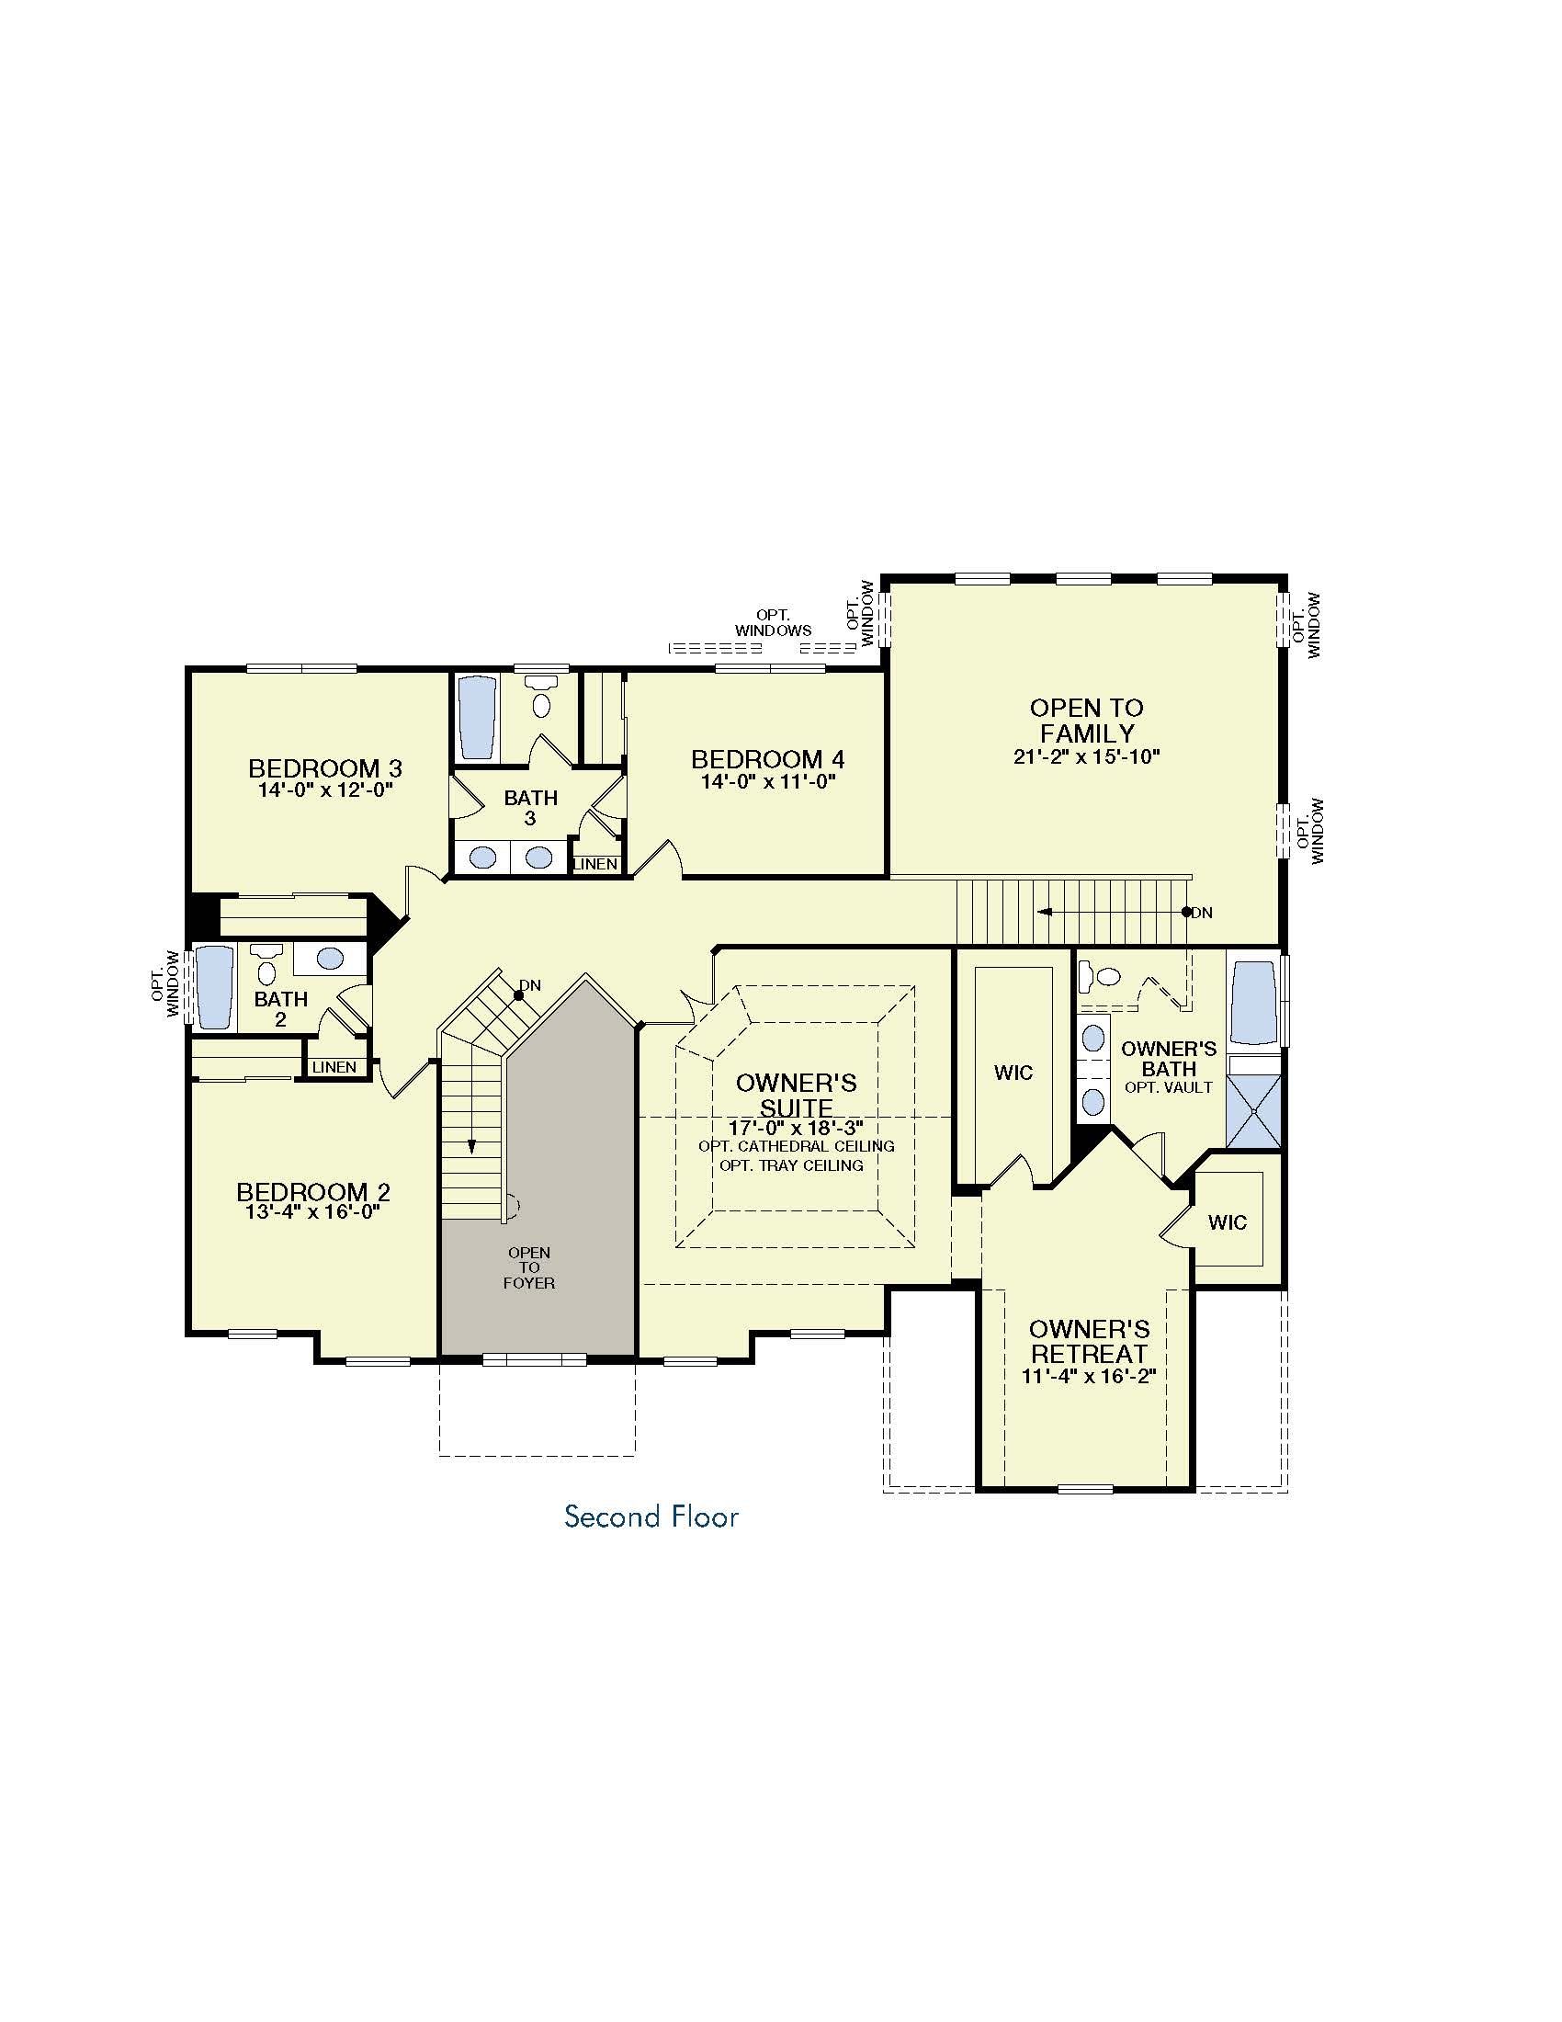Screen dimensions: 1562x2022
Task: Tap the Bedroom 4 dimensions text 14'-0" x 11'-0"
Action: [768, 781]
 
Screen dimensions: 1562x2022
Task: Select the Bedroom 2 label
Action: [312, 1192]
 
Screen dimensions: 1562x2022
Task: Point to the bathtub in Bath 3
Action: [479, 720]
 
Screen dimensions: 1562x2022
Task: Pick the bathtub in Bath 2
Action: [214, 987]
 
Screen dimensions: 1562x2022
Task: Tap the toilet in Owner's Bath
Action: [1100, 975]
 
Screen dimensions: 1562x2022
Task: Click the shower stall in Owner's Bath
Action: [1254, 1112]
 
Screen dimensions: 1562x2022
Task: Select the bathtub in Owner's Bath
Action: [1255, 1003]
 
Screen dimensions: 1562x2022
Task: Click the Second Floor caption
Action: [651, 1516]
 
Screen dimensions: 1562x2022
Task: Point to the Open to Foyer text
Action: [529, 1267]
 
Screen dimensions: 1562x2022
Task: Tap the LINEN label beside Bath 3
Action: [596, 864]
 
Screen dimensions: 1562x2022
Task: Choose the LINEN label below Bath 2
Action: [334, 1067]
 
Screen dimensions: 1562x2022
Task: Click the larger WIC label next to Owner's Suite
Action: [1013, 1073]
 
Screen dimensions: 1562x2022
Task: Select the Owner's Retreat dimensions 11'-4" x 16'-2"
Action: [1089, 1376]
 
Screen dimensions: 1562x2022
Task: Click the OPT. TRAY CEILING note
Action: [791, 1165]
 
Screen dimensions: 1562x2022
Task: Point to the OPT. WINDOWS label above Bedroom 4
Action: [773, 623]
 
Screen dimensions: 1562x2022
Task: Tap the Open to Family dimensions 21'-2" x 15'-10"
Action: [1086, 756]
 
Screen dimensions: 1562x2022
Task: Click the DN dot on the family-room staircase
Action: [1186, 912]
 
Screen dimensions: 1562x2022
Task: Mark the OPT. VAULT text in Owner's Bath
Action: [1169, 1087]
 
